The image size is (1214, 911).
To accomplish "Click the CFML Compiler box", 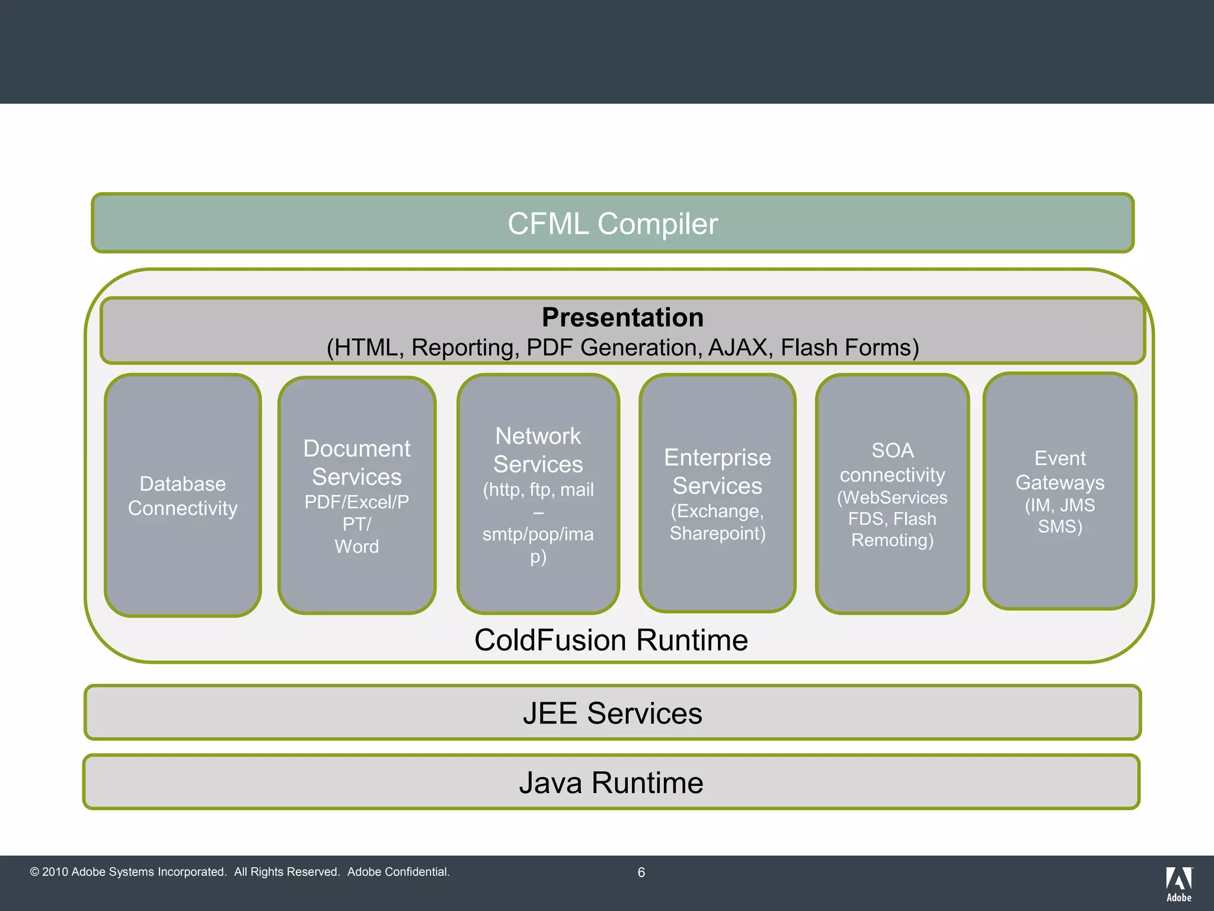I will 612,224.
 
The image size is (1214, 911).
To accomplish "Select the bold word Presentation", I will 622,317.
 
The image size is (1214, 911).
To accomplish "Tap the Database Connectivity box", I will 183,496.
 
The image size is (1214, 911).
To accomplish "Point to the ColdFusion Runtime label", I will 611,641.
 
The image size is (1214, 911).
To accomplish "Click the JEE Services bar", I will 612,713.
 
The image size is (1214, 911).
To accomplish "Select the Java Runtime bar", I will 611,783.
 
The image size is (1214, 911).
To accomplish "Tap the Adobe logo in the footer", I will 1178,884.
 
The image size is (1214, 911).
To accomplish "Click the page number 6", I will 641,872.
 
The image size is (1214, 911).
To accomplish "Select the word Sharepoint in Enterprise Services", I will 717,533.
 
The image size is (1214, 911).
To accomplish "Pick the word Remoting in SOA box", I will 892,540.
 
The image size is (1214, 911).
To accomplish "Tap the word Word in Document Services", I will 357,546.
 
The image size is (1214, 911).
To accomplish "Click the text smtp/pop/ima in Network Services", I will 538,534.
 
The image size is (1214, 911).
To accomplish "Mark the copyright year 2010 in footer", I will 55,872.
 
